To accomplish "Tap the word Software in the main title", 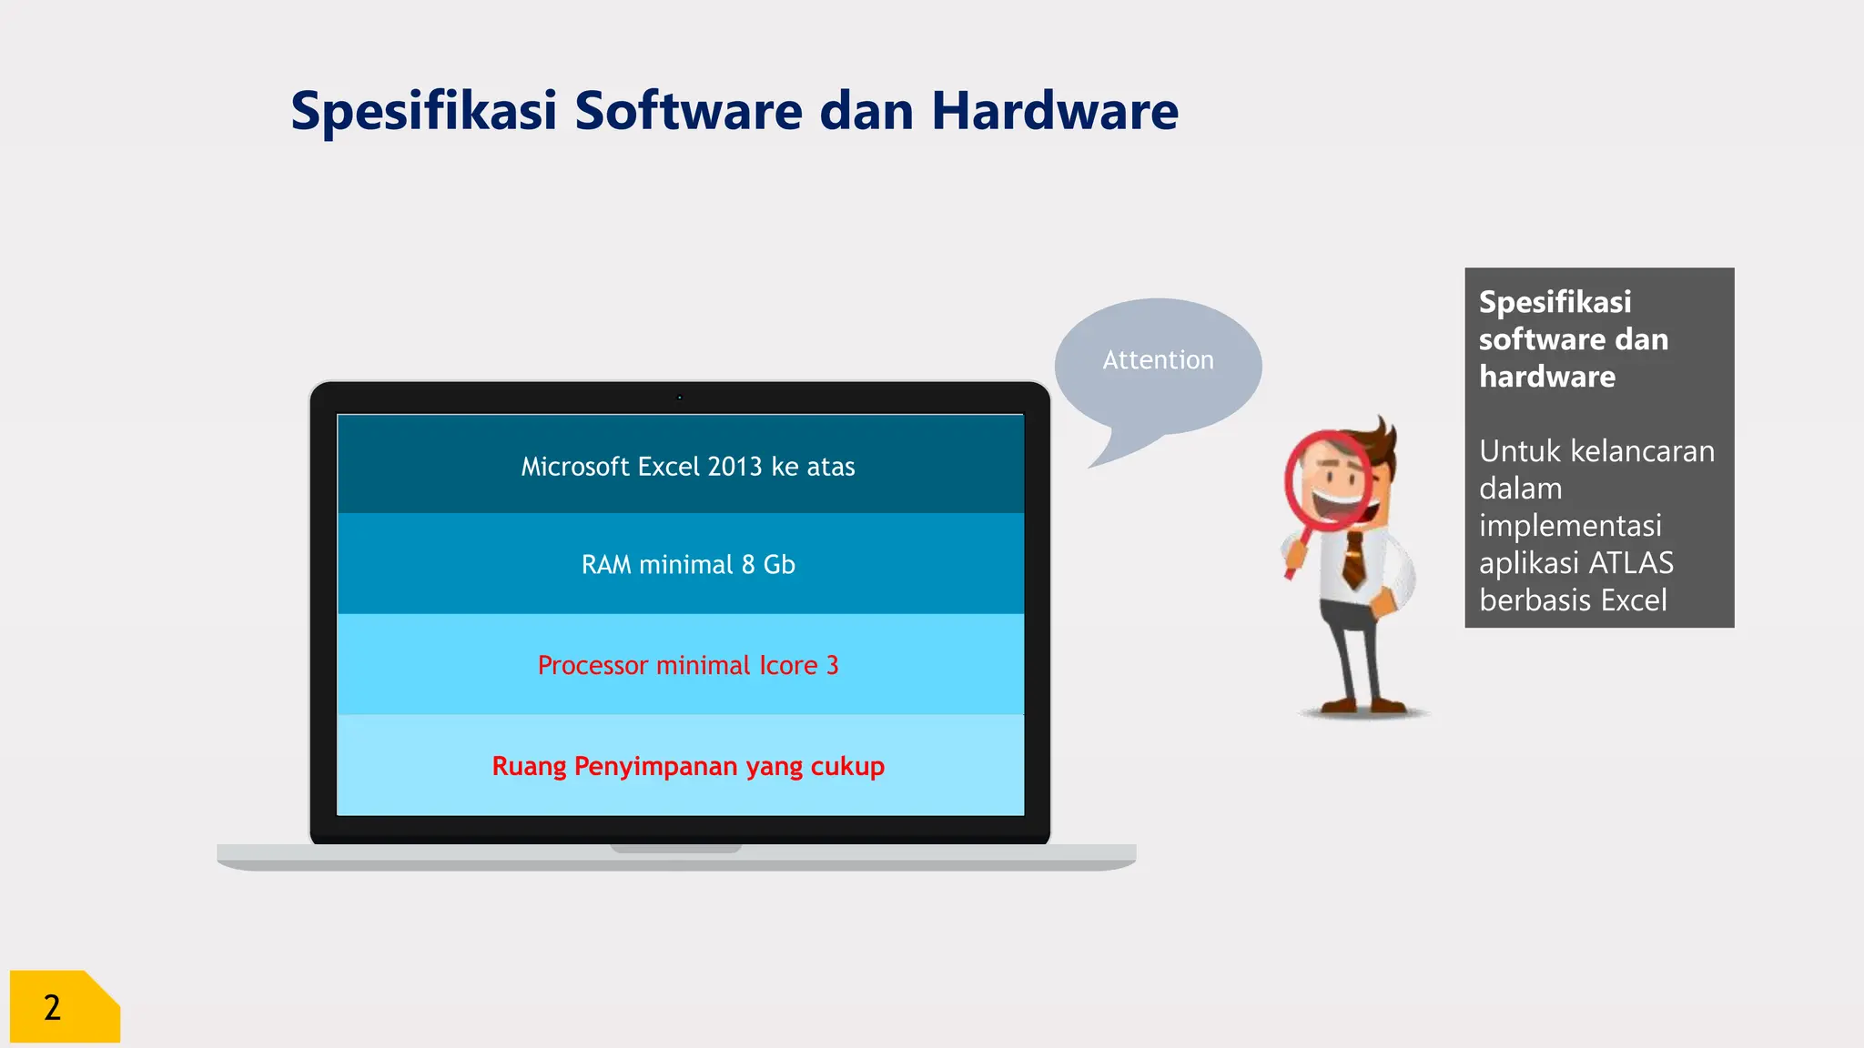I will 688,111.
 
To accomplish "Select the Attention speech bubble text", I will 1158,360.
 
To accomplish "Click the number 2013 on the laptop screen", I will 734,467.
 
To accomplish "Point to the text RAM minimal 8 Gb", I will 688,565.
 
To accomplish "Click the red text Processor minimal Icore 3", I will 688,666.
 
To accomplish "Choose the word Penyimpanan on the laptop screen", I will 655,767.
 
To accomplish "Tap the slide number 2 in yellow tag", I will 53,1008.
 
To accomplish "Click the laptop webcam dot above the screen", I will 679,398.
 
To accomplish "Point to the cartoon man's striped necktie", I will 1354,559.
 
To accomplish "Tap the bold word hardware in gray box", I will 1547,377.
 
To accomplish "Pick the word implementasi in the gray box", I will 1570,526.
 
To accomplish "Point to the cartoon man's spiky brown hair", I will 1379,441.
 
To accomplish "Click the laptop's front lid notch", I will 675,848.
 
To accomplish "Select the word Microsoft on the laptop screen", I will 575,467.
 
